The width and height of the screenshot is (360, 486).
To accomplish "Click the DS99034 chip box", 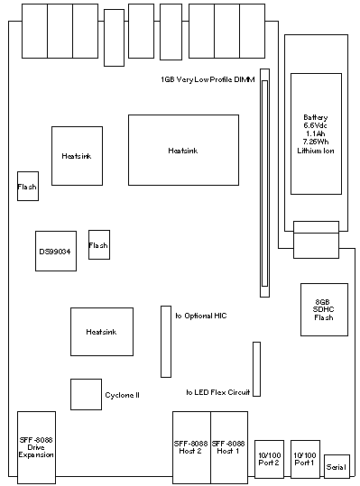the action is tap(56, 251).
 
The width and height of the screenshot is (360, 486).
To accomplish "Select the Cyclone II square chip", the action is tap(87, 394).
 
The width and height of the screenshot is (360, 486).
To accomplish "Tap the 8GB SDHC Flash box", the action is tap(324, 309).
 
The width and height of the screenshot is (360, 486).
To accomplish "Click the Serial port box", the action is tap(337, 466).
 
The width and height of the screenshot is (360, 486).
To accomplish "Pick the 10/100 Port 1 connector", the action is tap(305, 459).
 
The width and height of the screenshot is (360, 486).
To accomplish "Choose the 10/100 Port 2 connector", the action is tap(269, 459).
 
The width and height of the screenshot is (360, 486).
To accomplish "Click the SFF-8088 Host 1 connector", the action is tap(229, 447).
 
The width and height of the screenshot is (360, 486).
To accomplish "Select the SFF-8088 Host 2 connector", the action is tap(191, 447).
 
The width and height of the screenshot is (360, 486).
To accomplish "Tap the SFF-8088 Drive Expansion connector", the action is tap(36, 447).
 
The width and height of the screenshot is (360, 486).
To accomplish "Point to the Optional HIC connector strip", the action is tap(166, 342).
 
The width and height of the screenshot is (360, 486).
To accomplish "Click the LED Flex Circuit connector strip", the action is tap(256, 369).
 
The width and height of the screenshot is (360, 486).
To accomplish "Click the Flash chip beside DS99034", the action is tap(99, 244).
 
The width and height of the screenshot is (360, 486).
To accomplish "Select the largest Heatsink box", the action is tap(183, 150).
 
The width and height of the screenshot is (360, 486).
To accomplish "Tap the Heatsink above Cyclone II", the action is tap(102, 332).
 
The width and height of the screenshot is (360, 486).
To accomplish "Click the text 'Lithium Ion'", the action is tap(316, 151).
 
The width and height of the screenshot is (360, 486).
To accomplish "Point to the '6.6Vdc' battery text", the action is tap(315, 125).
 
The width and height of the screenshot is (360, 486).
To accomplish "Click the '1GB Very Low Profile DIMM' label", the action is tap(208, 79).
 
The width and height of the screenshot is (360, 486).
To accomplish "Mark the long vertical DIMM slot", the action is tap(264, 183).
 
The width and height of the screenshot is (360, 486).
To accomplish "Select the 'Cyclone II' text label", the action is tap(122, 395).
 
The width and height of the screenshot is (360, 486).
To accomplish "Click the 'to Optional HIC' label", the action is tap(201, 316).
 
